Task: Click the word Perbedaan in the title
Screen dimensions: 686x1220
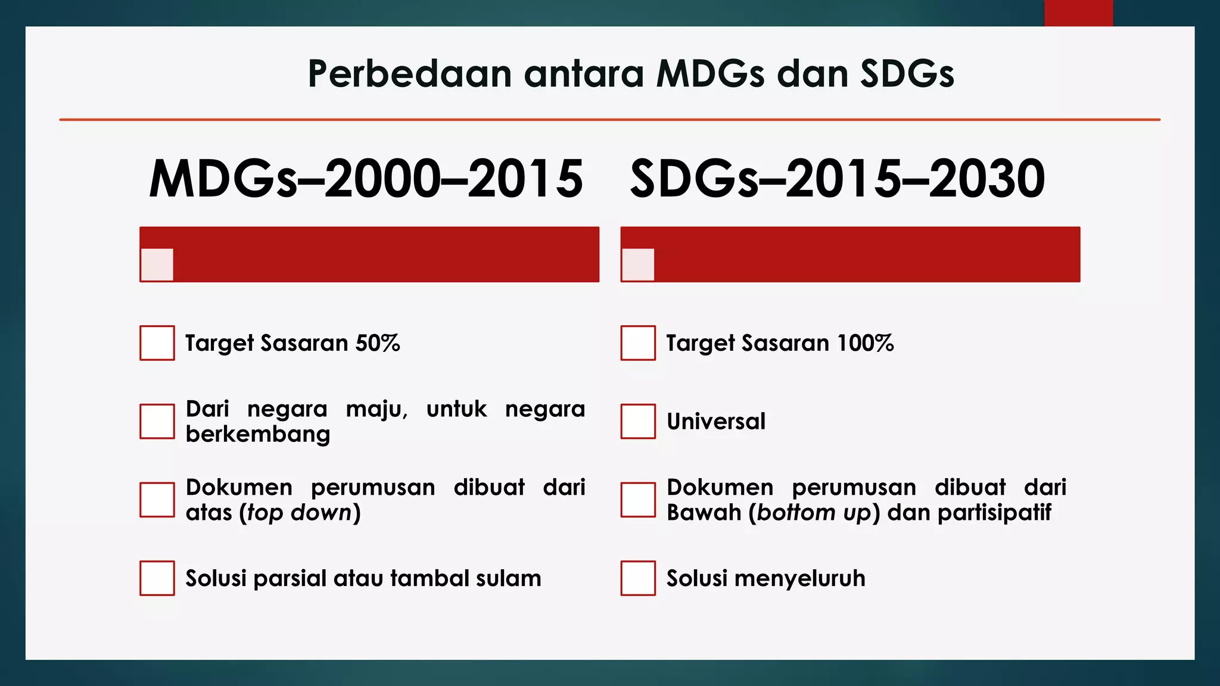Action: pos(409,74)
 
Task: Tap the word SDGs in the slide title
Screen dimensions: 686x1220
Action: pos(907,74)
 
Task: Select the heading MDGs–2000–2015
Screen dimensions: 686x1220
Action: pos(366,179)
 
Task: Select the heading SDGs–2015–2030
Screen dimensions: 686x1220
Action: pos(837,179)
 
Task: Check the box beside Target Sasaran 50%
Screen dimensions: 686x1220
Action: pos(157,343)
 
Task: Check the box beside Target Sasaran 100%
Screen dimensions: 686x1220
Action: pos(638,343)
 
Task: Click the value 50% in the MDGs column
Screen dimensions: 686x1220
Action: pos(378,343)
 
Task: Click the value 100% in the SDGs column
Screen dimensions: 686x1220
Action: pos(865,343)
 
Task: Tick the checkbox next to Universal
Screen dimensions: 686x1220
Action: pos(638,422)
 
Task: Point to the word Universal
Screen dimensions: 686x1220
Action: pos(715,422)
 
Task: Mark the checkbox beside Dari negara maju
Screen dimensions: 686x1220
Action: pos(157,422)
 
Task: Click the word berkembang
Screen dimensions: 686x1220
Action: pos(257,434)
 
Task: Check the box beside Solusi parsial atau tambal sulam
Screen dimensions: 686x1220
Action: pos(157,578)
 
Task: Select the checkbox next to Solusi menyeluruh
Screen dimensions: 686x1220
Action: pos(638,578)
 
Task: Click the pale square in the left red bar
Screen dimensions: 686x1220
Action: pos(157,264)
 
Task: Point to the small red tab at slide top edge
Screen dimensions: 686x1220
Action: pos(1078,13)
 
